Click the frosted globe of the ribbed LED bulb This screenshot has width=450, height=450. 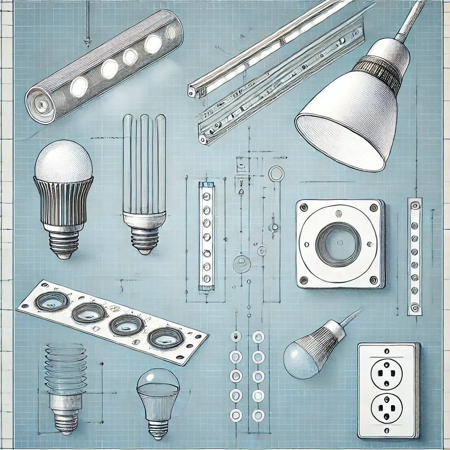(x=63, y=160)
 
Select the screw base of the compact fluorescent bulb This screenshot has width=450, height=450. (x=145, y=240)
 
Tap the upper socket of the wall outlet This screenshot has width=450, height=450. (x=386, y=374)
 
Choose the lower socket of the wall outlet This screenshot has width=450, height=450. (x=386, y=408)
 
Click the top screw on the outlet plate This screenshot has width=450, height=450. (x=387, y=351)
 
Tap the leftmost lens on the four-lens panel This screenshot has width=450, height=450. (x=52, y=302)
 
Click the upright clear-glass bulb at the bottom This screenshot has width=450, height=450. (x=158, y=396)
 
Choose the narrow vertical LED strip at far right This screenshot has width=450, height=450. (x=414, y=257)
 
